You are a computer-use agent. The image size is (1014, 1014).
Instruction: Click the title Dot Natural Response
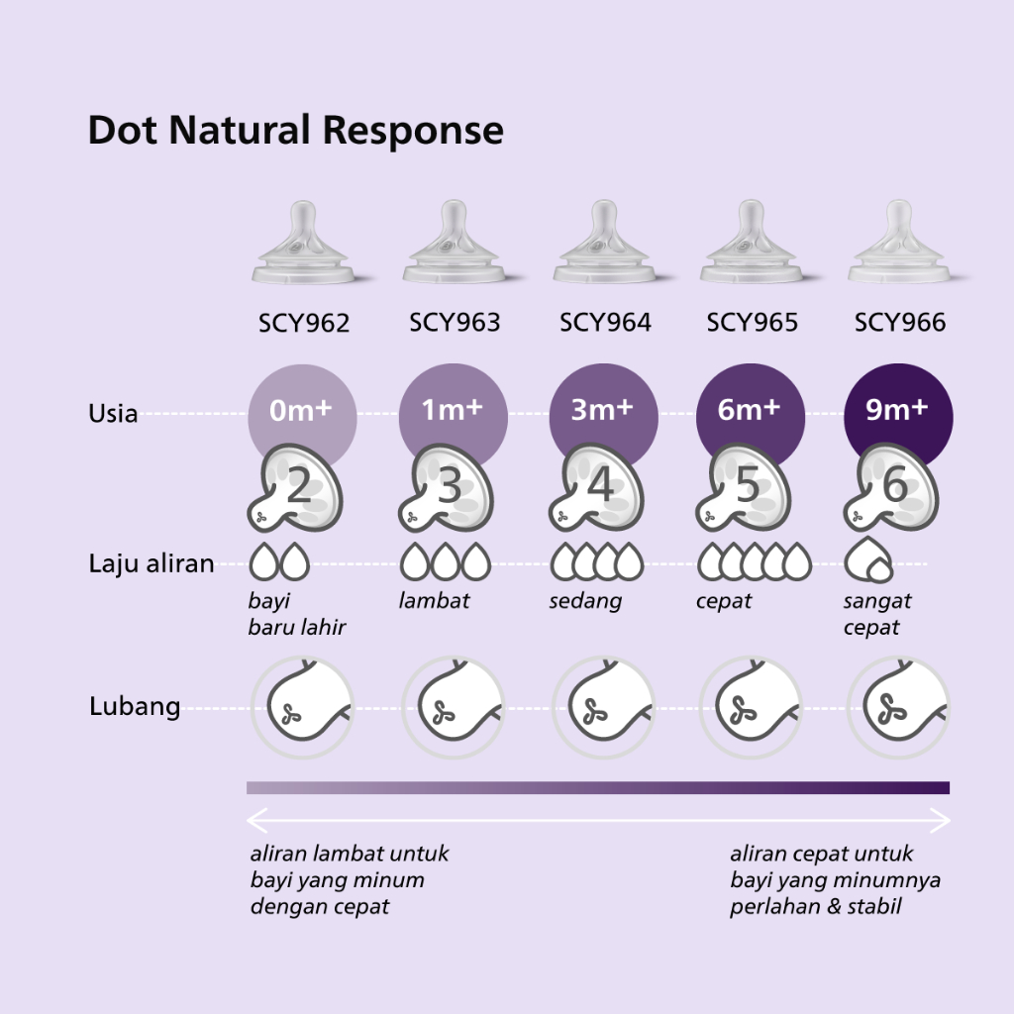point(295,131)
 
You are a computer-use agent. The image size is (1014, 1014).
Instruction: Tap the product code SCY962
point(304,323)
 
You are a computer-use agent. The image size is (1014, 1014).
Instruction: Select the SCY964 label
point(605,322)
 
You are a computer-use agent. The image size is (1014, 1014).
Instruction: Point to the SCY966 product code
point(900,322)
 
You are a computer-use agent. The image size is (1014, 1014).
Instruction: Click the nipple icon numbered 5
point(744,488)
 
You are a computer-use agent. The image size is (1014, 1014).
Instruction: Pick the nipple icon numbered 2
point(295,488)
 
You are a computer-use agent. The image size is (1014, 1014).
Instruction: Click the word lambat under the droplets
point(434,601)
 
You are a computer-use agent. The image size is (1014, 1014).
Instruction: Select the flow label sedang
point(585,602)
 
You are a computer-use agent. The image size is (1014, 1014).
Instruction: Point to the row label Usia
point(113,414)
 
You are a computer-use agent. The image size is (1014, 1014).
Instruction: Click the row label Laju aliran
point(152,563)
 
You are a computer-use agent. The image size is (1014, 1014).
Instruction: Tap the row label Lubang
point(135,706)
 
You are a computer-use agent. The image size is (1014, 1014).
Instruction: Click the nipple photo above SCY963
point(454,242)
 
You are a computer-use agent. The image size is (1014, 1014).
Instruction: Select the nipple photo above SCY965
point(752,242)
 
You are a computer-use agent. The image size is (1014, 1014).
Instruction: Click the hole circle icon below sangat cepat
point(898,707)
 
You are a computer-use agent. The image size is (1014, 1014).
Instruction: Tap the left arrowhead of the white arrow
point(256,820)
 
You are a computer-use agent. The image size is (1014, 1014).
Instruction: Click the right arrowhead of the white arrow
point(941,820)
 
